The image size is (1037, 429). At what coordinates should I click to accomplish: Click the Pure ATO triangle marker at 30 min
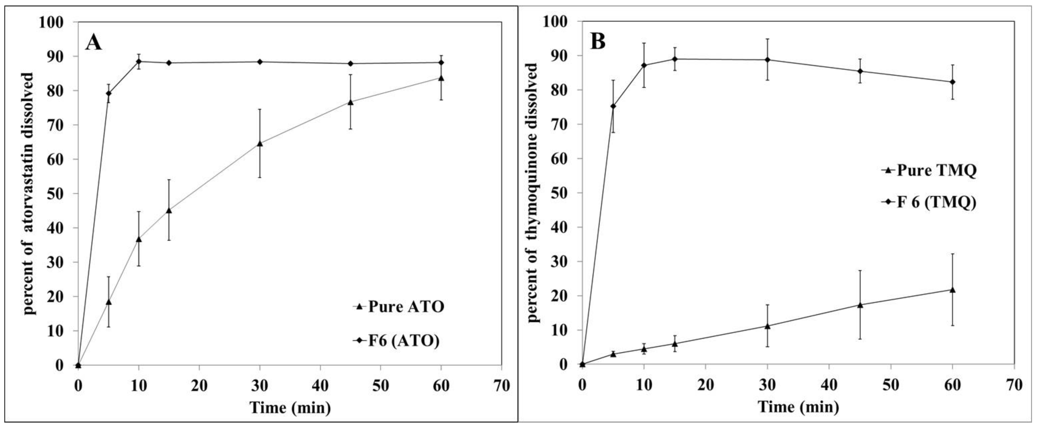click(260, 143)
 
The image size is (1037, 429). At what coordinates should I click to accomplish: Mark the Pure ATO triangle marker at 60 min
click(441, 78)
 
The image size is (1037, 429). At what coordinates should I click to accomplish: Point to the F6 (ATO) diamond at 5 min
click(108, 93)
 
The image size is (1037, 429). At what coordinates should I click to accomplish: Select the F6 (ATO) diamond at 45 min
click(351, 64)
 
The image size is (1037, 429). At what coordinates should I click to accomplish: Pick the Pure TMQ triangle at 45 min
click(860, 305)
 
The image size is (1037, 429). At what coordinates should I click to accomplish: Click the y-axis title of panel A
click(29, 193)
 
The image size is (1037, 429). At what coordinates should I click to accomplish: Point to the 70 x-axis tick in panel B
click(1014, 385)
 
